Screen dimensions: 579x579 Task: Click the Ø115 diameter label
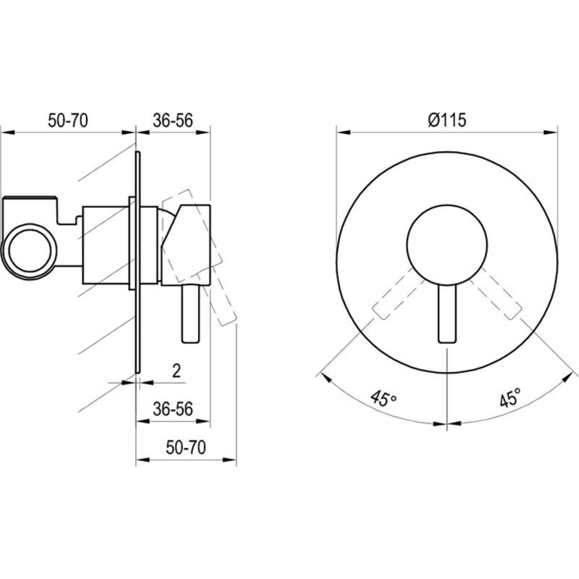click(x=447, y=121)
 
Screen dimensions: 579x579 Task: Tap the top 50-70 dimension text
click(x=68, y=121)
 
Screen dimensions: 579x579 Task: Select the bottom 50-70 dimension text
click(x=186, y=447)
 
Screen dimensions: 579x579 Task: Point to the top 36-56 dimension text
click(x=173, y=121)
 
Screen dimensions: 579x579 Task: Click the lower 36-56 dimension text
click(x=173, y=409)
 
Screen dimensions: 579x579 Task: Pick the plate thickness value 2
click(x=177, y=371)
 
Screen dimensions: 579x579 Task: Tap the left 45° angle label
click(x=384, y=398)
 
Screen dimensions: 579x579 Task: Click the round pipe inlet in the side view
click(x=29, y=251)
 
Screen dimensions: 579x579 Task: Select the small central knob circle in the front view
click(x=447, y=245)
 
